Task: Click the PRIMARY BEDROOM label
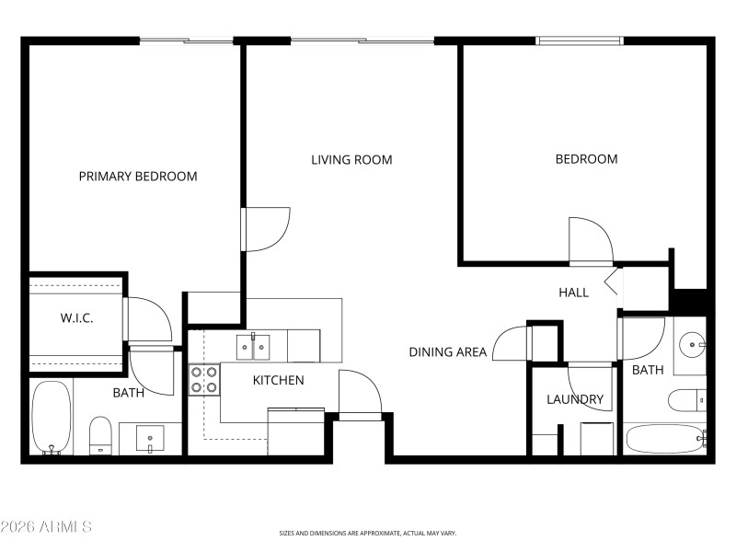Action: coord(137,176)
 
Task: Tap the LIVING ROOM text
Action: coord(351,159)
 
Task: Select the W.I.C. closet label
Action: coord(77,317)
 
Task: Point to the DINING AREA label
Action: coord(448,351)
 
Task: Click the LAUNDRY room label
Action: coord(575,399)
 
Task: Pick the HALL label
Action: coord(573,293)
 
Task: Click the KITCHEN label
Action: coord(278,380)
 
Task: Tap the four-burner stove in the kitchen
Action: coord(203,380)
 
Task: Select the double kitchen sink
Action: coord(254,347)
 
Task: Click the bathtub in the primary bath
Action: coord(52,418)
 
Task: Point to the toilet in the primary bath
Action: coord(100,434)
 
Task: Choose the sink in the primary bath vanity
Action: coord(150,438)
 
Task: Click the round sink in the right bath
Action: coord(691,345)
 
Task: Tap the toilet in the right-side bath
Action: coord(685,400)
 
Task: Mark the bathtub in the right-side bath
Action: coord(664,439)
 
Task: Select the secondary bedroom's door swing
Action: coord(590,241)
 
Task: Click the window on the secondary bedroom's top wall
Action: coord(580,40)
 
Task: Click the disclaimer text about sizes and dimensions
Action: coord(368,533)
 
